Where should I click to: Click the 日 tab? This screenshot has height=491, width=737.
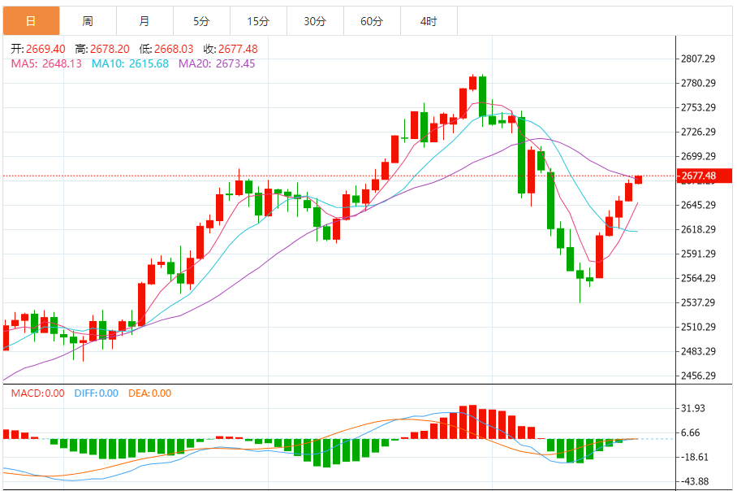(31, 20)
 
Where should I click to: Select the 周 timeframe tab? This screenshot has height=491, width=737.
(88, 20)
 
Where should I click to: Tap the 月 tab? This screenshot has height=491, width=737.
(144, 20)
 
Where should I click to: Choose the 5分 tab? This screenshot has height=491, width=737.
(201, 20)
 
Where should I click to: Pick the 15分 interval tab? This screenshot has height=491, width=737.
(258, 20)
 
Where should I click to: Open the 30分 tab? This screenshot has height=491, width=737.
(315, 20)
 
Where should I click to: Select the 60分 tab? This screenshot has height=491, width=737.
(372, 20)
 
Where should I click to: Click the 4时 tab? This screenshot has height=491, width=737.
(429, 20)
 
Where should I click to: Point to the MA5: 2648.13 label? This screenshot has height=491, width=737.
(46, 63)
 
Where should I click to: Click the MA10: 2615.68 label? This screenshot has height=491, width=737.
(130, 63)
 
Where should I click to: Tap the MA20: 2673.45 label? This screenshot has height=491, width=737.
(217, 63)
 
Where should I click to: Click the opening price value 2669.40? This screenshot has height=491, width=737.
(44, 49)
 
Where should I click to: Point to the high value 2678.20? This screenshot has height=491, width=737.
(104, 49)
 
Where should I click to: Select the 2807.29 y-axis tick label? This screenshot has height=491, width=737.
(698, 59)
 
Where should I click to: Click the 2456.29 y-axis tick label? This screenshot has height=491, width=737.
(698, 376)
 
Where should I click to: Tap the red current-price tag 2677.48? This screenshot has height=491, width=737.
(698, 176)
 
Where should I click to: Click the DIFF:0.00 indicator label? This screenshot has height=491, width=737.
(96, 393)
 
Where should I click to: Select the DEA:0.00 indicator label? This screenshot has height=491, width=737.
(150, 393)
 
